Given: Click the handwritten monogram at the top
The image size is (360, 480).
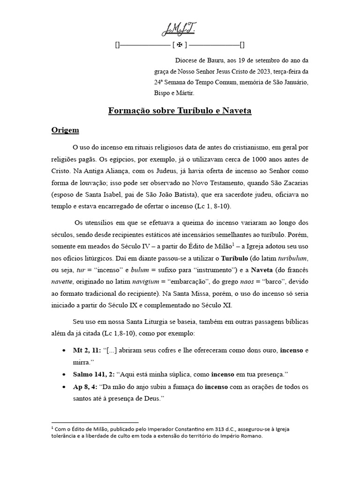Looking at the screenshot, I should point(180,30).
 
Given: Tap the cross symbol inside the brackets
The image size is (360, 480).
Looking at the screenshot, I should point(180,45).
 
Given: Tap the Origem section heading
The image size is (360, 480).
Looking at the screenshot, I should point(65,130).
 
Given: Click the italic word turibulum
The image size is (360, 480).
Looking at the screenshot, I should point(293,258).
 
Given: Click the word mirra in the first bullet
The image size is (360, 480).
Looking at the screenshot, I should point(81,363).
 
